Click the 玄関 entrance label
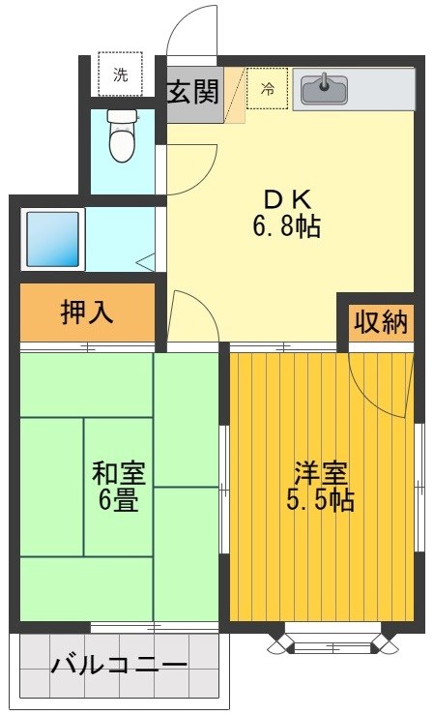(193, 93)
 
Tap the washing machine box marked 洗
(120, 75)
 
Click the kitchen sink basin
(324, 90)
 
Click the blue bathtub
(54, 238)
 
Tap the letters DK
(287, 198)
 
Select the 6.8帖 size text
(287, 227)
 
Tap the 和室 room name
(118, 474)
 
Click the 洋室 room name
(320, 474)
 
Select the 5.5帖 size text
(320, 501)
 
